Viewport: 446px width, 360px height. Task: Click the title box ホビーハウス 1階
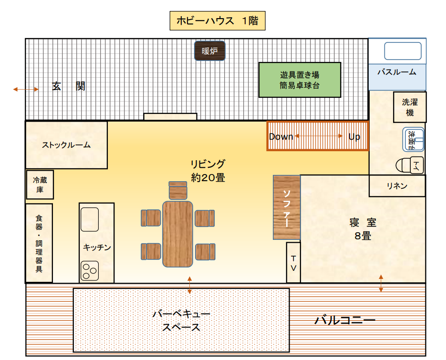(x=218, y=21)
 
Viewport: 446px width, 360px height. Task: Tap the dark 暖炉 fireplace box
(x=209, y=51)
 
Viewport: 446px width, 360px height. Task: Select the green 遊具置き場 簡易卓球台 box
(x=300, y=80)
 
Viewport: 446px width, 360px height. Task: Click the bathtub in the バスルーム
(x=403, y=51)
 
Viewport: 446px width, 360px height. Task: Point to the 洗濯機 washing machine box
(x=410, y=107)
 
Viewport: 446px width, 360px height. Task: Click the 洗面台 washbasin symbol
(x=413, y=139)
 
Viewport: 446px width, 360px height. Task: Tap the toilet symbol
(x=410, y=165)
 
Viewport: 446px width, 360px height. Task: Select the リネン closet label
(x=397, y=186)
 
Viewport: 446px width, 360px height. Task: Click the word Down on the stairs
(x=281, y=137)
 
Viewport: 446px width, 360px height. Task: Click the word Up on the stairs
(x=354, y=137)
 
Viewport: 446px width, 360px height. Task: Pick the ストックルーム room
(x=67, y=145)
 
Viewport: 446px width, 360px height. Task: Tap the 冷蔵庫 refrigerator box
(x=40, y=185)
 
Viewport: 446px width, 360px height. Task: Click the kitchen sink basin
(x=90, y=219)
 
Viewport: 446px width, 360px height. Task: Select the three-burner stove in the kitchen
(x=90, y=271)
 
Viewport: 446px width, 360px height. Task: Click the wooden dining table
(x=177, y=234)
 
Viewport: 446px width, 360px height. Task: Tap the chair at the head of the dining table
(x=178, y=190)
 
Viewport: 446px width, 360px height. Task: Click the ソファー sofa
(x=287, y=207)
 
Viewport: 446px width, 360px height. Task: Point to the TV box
(x=293, y=262)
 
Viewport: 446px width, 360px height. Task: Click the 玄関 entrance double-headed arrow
(x=26, y=89)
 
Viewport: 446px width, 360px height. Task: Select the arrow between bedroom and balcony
(x=381, y=283)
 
